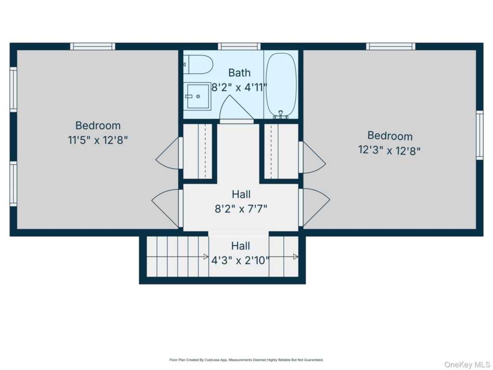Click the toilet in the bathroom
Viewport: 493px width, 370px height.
pos(198,65)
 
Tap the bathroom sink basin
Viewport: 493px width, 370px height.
pos(197,96)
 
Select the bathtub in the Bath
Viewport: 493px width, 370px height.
pos(281,85)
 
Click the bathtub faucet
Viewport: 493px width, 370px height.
pos(281,115)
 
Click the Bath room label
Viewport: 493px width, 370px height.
pos(239,73)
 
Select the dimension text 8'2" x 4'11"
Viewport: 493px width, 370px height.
pos(239,87)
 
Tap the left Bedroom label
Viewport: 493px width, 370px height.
pos(98,126)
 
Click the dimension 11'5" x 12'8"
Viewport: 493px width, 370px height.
pos(98,140)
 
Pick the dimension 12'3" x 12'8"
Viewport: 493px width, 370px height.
pos(389,150)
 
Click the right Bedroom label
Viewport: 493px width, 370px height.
pos(390,136)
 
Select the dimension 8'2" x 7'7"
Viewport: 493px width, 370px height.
pos(241,209)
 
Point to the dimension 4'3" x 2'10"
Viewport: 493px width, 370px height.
pos(241,261)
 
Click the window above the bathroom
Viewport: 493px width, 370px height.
pos(239,47)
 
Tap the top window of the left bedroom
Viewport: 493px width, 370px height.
pos(92,47)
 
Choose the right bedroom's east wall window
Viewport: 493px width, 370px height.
pos(480,135)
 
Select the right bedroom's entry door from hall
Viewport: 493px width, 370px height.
pos(314,208)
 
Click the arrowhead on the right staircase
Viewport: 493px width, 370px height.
pos(296,257)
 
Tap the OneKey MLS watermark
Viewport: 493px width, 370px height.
pos(467,365)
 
